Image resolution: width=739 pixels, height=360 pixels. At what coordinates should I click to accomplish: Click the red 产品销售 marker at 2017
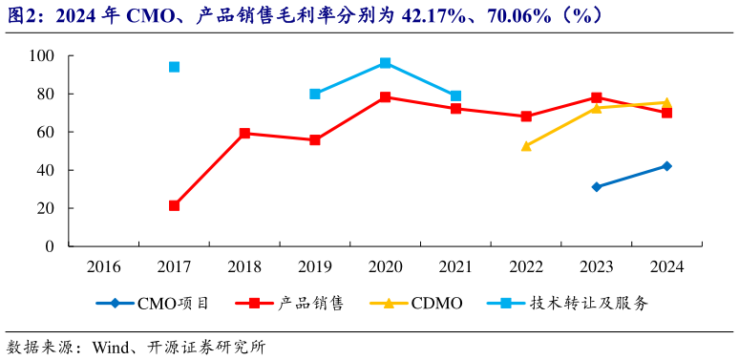[174, 205]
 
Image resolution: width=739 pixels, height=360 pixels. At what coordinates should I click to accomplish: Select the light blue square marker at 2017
[174, 67]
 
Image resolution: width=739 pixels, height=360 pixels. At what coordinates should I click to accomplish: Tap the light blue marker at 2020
[385, 63]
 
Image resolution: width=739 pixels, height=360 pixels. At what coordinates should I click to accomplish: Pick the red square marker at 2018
[244, 134]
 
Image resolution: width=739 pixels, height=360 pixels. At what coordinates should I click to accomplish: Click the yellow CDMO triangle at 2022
[526, 146]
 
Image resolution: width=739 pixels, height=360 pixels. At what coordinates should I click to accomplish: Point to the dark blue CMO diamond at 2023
[597, 187]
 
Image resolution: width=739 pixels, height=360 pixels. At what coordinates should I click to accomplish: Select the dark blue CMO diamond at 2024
[666, 166]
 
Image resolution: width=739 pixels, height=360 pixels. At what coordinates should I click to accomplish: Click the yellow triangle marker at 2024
[666, 102]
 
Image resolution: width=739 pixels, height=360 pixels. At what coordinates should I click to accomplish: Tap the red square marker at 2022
[526, 116]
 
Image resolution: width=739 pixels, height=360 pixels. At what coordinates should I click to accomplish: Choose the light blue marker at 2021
[455, 95]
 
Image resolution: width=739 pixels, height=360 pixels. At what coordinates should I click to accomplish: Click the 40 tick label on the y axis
[44, 170]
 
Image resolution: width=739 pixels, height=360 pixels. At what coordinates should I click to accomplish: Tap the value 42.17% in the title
[422, 16]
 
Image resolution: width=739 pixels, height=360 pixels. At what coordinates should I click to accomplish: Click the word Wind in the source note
[111, 346]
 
